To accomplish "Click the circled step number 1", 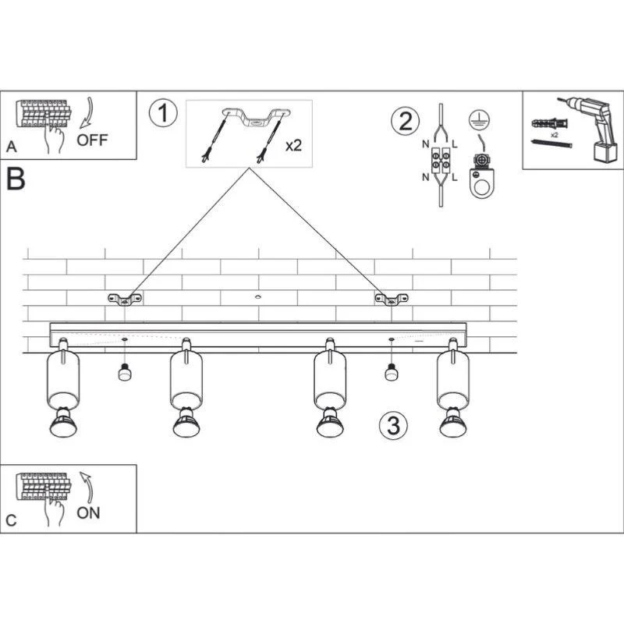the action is tap(163, 113).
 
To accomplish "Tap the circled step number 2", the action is tap(405, 121).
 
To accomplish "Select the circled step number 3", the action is tap(393, 425).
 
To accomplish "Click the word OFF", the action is tap(92, 140).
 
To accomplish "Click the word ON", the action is tap(88, 513).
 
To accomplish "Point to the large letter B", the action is tap(16, 179).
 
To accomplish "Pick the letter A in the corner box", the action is tap(12, 147).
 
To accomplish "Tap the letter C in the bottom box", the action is tap(11, 520).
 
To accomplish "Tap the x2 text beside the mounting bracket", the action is tap(294, 146).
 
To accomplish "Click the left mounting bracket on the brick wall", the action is tap(125, 300).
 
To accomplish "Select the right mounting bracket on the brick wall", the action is tap(392, 300).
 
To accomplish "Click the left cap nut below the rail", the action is tap(125, 372).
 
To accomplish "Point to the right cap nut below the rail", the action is tap(392, 372).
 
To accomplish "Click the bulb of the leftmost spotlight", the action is tap(64, 423).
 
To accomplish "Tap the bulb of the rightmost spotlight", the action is tap(453, 423).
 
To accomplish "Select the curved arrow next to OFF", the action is tap(87, 113).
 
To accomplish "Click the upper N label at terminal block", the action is tap(425, 144).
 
